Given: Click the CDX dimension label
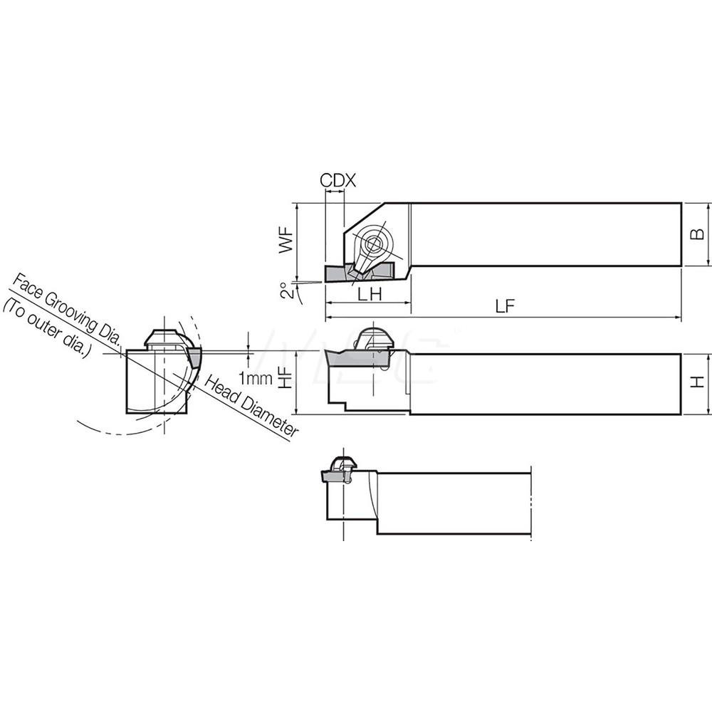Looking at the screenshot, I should pos(337,181).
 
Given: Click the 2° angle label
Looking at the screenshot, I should pos(286,290).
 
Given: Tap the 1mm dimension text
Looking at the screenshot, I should pos(256,379).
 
